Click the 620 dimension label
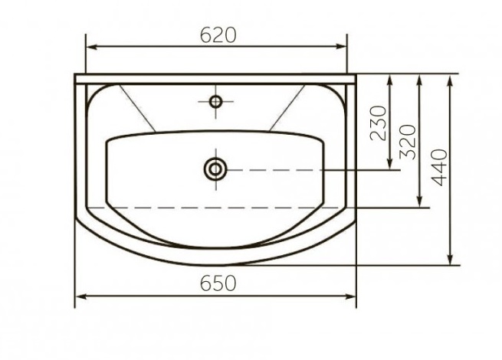tap(218, 35)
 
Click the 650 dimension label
tap(218, 283)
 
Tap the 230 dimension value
tap(379, 123)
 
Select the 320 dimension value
tap(408, 142)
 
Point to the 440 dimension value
tap(439, 167)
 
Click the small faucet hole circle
tap(216, 102)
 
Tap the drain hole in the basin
tap(215, 169)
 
